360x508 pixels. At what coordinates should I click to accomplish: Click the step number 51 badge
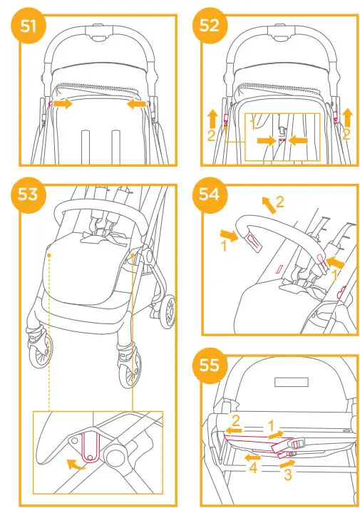click(28, 27)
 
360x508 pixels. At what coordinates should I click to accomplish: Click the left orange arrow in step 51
click(62, 104)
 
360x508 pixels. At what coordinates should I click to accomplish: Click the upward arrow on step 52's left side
click(211, 115)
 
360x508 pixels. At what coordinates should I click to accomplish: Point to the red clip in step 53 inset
click(89, 452)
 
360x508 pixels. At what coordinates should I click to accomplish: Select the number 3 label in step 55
click(287, 471)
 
